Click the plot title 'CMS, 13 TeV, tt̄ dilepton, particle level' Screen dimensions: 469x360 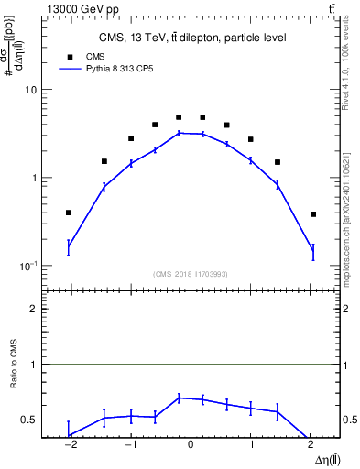(x=191, y=38)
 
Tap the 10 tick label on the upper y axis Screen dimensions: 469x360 (x=31, y=91)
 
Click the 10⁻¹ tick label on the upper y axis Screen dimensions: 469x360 (x=28, y=266)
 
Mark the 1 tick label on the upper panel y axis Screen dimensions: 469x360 (x=34, y=179)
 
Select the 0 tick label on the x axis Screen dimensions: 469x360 (x=191, y=446)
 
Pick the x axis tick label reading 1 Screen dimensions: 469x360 (x=251, y=446)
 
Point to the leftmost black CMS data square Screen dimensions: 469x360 (x=69, y=213)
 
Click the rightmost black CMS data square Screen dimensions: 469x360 (x=313, y=214)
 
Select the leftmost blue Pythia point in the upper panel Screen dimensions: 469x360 (x=69, y=246)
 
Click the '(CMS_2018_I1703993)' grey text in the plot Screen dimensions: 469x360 (x=191, y=274)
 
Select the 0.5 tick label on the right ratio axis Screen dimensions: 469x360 (x=349, y=420)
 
